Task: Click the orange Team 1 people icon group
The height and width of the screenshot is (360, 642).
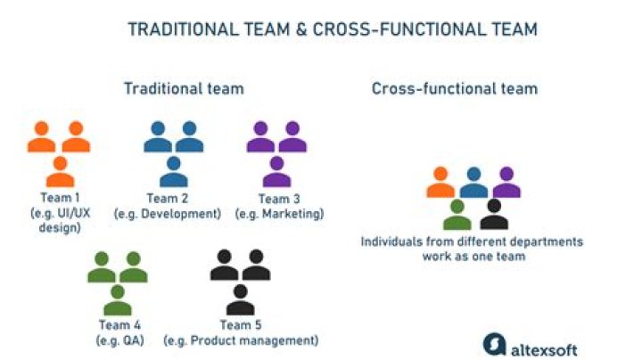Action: (x=60, y=153)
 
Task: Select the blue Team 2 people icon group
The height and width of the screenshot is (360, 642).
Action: (x=175, y=153)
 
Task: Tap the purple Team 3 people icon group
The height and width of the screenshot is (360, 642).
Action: (x=277, y=153)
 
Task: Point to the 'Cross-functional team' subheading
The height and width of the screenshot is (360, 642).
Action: (x=455, y=89)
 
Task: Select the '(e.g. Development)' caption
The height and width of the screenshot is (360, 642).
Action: (x=168, y=214)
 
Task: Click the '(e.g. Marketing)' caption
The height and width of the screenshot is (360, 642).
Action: (x=279, y=214)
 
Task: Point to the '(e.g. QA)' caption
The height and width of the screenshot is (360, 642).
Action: (x=119, y=340)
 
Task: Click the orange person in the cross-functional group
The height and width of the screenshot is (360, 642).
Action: (x=441, y=183)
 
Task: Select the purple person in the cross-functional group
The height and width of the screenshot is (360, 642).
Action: (x=506, y=183)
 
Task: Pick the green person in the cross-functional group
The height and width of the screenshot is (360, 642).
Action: (x=457, y=214)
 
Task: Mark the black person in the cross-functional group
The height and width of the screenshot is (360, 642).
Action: (x=493, y=214)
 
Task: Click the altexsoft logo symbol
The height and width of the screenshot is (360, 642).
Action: (x=496, y=344)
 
